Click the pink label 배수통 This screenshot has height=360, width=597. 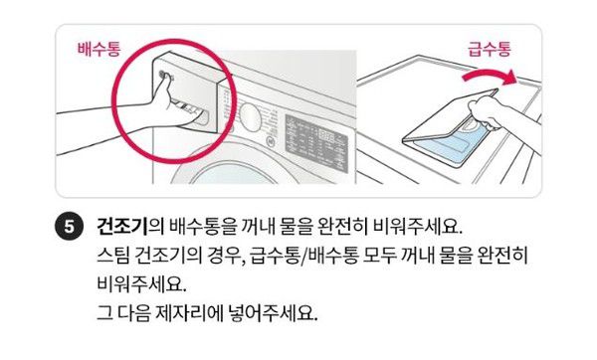click(99, 48)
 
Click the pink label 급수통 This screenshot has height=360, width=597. click(489, 48)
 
